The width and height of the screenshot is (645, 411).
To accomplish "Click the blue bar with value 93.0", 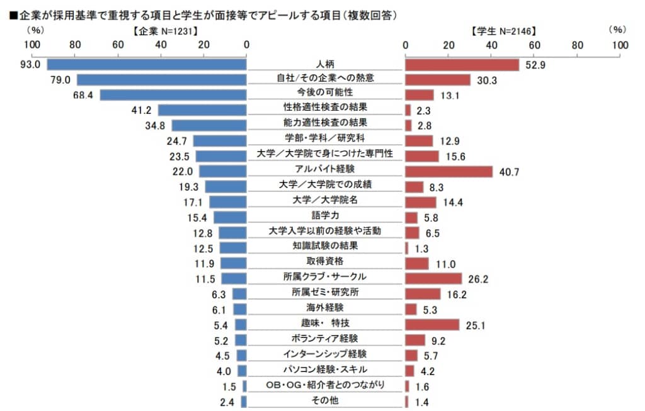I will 146,64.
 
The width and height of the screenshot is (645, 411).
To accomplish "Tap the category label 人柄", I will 325,64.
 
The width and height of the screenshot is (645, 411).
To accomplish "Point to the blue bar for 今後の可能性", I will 173,95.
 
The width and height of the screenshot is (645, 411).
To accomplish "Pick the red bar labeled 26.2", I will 433,278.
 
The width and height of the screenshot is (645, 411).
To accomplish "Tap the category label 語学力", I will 325,215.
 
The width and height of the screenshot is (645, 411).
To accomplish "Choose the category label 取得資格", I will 325,261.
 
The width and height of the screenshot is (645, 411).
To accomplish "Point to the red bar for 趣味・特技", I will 432,324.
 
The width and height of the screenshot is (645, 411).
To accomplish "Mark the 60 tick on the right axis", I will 534,45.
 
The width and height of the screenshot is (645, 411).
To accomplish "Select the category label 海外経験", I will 325,308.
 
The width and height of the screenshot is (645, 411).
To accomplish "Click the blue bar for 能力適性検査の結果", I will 208,125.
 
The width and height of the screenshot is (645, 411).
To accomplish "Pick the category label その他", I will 325,400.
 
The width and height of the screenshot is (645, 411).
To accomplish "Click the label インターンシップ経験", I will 325,354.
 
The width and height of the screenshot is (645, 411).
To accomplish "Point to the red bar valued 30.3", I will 438,79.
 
